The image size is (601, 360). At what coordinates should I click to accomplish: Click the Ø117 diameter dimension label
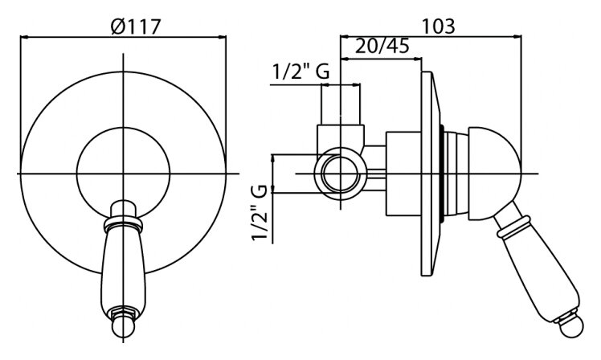[x=135, y=27]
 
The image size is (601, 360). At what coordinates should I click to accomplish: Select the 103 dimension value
[x=438, y=27]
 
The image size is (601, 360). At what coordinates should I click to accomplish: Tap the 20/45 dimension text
[x=382, y=47]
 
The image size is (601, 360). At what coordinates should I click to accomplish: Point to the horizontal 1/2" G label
[x=300, y=72]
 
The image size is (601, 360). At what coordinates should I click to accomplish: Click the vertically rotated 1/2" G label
[x=260, y=213]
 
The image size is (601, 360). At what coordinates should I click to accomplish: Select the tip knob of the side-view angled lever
[x=570, y=326]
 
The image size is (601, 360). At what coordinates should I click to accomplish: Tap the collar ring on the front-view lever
[x=124, y=224]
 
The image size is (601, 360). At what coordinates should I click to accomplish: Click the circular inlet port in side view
[x=341, y=174]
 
